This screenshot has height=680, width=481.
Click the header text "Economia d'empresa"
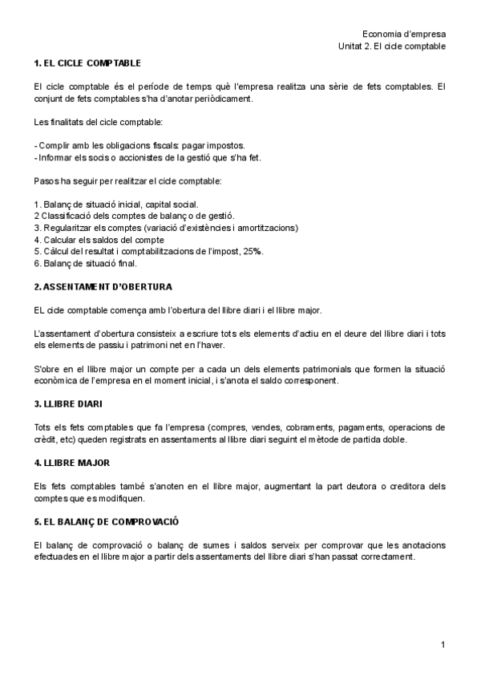404,34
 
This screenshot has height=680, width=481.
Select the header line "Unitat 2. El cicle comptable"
392,47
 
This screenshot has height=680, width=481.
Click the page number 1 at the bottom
443,645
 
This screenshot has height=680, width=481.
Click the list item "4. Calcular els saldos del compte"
99,240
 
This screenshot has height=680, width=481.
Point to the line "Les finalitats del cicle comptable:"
99,123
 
